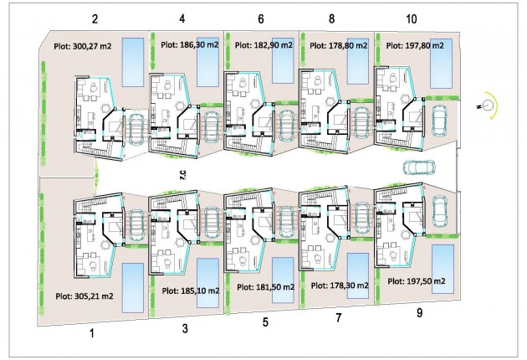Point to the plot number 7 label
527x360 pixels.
tap(339, 319)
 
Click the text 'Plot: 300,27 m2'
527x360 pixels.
tap(84, 48)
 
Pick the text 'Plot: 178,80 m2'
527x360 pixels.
tap(339, 46)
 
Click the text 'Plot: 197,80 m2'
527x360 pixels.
tap(414, 46)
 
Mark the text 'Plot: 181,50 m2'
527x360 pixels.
tap(265, 286)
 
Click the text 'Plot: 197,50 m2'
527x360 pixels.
tap(414, 281)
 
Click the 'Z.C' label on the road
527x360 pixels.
tap(182, 174)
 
